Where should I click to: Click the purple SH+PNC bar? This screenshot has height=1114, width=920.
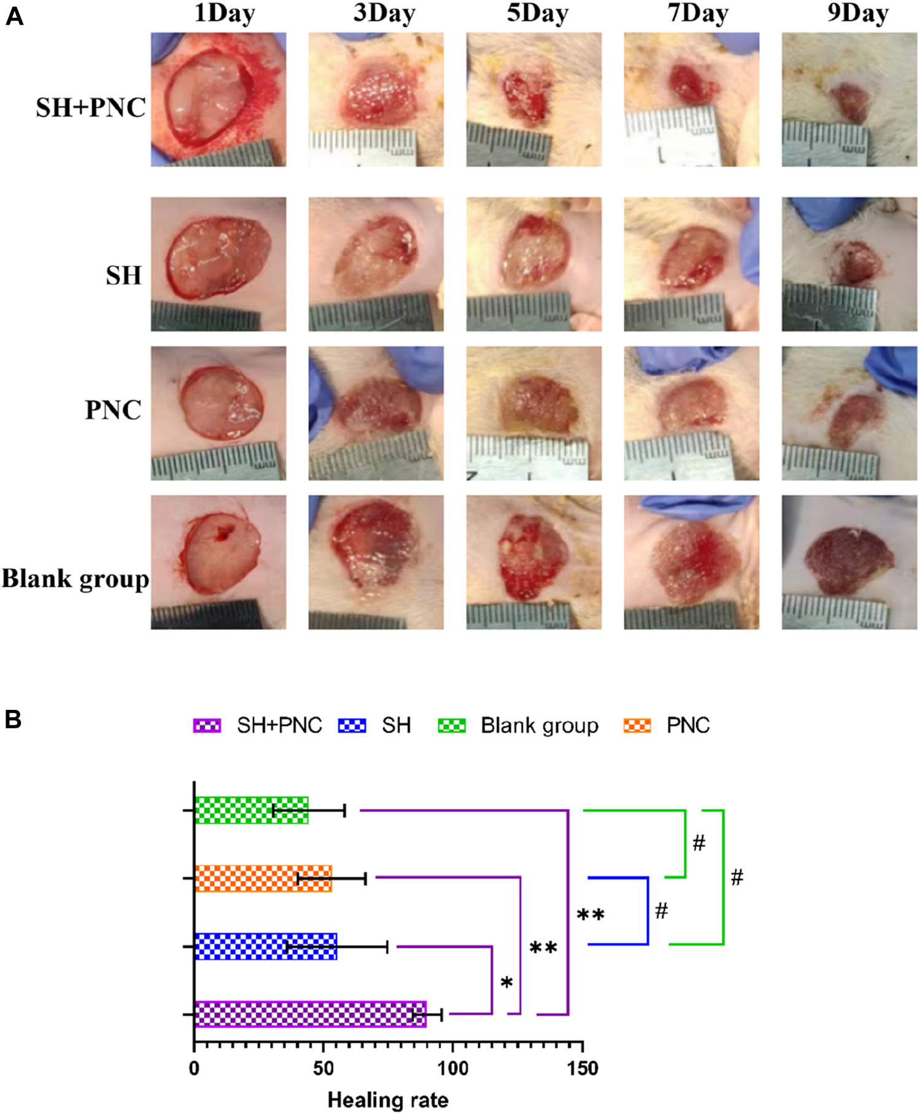[x=310, y=1015]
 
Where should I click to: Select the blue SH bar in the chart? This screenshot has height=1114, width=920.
[x=265, y=946]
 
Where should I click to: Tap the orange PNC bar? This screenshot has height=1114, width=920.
[x=263, y=878]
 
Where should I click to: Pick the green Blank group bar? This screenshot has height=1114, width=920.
[x=251, y=811]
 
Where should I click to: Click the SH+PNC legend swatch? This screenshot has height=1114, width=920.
[x=207, y=725]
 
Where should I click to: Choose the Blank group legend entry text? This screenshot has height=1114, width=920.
[x=539, y=725]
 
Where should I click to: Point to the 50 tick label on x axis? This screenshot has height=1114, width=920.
[x=323, y=1069]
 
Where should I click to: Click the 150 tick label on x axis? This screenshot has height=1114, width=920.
[x=582, y=1069]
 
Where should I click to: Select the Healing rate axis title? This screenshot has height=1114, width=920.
[x=388, y=1100]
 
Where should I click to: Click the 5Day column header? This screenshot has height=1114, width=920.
[x=537, y=14]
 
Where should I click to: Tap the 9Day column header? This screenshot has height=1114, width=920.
[x=857, y=14]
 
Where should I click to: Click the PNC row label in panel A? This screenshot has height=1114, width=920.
[x=113, y=410]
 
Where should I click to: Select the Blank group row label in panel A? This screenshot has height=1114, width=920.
[x=75, y=578]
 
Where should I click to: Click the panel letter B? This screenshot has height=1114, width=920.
[x=13, y=720]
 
